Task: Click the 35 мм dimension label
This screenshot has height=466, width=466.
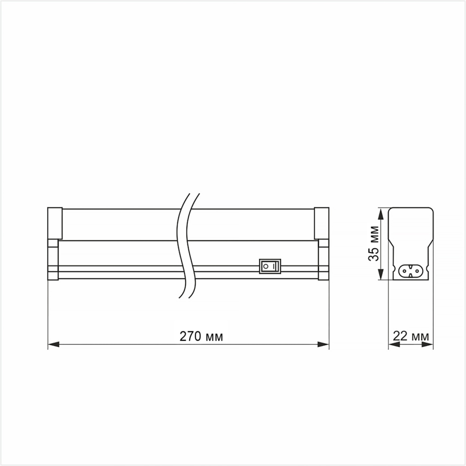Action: click(374, 244)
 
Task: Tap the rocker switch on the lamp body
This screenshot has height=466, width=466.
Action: click(270, 266)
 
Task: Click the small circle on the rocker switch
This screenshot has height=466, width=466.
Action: click(266, 266)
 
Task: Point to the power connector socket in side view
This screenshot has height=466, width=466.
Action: click(411, 270)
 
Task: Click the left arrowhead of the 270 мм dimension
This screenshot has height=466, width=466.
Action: click(54, 344)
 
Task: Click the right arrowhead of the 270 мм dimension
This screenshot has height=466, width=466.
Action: click(323, 344)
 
